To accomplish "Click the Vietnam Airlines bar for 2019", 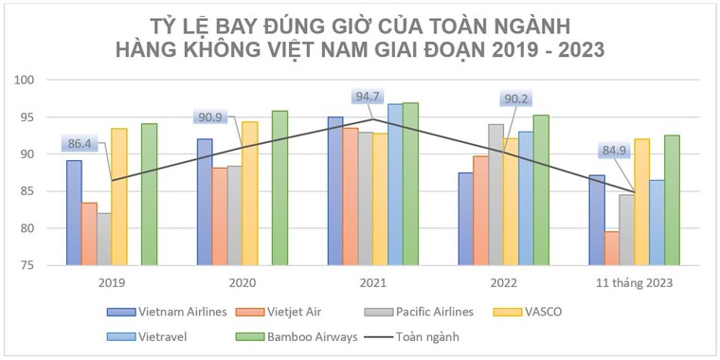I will click(74, 213).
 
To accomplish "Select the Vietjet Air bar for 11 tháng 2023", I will click(612, 248).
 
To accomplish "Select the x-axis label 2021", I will click(372, 282).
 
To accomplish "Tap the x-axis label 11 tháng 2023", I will click(635, 282).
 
